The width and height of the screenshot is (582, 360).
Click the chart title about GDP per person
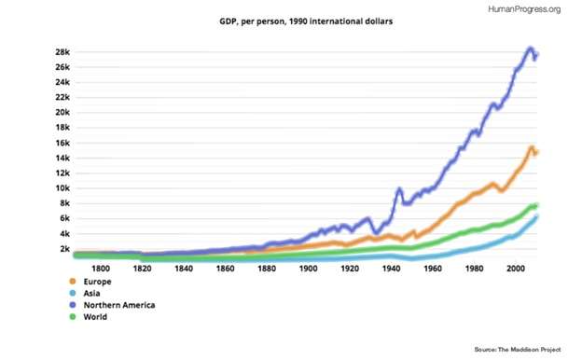click(306, 21)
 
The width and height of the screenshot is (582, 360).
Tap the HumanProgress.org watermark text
click(524, 9)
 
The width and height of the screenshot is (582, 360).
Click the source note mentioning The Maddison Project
click(518, 349)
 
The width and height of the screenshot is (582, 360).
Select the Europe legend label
click(97, 282)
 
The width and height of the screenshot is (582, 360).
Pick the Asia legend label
click(91, 293)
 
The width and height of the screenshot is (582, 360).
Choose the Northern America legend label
click(119, 305)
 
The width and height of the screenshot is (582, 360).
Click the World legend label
click(95, 317)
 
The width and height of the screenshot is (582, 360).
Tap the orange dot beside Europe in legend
click(73, 282)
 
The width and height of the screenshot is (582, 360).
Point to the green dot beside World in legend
click(73, 317)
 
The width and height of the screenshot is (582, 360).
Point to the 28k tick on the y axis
click(62, 52)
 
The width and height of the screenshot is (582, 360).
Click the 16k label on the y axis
click(62, 143)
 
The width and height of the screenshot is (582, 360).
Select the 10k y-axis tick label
click(62, 188)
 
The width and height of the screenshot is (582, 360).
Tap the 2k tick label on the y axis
click(64, 249)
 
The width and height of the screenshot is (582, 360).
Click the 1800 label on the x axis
click(101, 269)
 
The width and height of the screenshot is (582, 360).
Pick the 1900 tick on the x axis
click(308, 269)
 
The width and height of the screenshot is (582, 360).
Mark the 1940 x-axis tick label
click(391, 269)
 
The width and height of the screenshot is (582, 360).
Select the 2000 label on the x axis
click(516, 269)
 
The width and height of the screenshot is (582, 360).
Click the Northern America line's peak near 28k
click(531, 49)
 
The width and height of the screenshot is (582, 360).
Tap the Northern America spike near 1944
click(399, 189)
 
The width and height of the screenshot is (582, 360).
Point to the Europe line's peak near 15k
click(531, 147)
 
